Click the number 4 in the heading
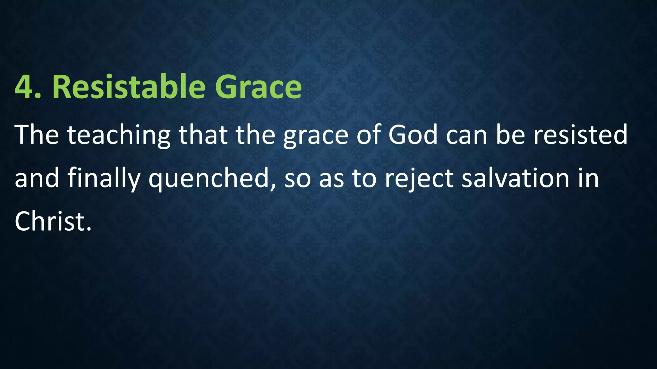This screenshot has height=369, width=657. (24, 87)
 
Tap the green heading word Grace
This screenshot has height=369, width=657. (258, 87)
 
